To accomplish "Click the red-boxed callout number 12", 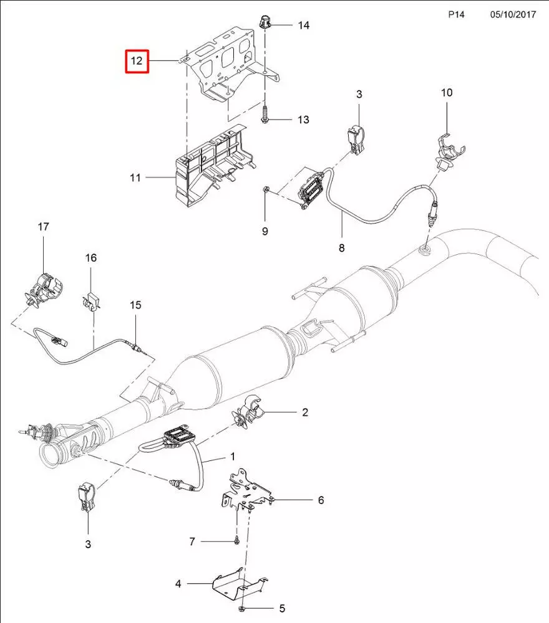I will point(137,62).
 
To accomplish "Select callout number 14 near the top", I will point(303,26).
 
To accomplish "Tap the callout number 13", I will point(303,120).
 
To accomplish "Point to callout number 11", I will point(135,178).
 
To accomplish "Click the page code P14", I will point(457,14).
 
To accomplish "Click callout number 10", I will point(447,93).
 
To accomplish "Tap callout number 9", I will point(265,231).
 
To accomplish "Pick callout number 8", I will point(341,248).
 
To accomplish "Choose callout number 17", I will point(43,227).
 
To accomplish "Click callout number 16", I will point(91,257).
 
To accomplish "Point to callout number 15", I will point(135,305).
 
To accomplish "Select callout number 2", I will point(305,412).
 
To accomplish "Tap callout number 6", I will point(321,500).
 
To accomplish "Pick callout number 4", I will point(178,584).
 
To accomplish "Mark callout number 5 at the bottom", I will point(281,608).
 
